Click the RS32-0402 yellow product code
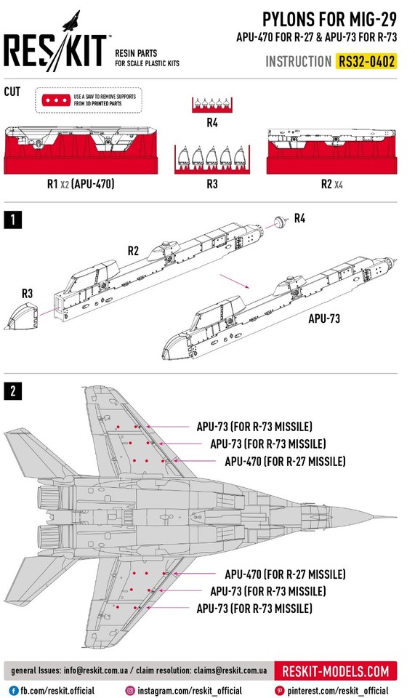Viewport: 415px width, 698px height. click(367, 62)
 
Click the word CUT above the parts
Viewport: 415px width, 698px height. click(12, 92)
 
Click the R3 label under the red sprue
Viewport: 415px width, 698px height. click(211, 184)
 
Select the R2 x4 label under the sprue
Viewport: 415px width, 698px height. click(331, 184)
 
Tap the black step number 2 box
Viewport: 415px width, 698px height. click(12, 391)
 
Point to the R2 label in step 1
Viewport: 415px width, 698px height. click(133, 251)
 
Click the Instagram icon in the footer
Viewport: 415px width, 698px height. click(131, 690)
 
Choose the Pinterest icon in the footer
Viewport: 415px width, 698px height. click(279, 690)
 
